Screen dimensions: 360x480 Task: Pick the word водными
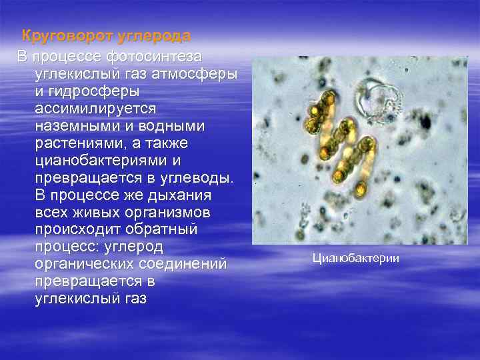pyautogui.click(x=166, y=125)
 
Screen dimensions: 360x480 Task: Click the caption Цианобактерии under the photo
pyautogui.click(x=357, y=257)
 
